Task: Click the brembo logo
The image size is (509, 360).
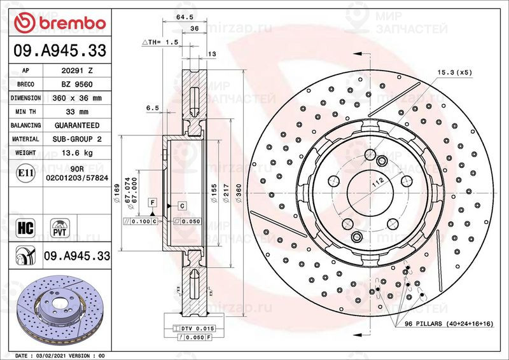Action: pos(61,24)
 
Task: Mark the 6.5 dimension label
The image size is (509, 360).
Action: pos(152,109)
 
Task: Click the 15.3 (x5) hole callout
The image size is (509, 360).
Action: pos(454,73)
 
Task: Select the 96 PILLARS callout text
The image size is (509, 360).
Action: pos(449,324)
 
